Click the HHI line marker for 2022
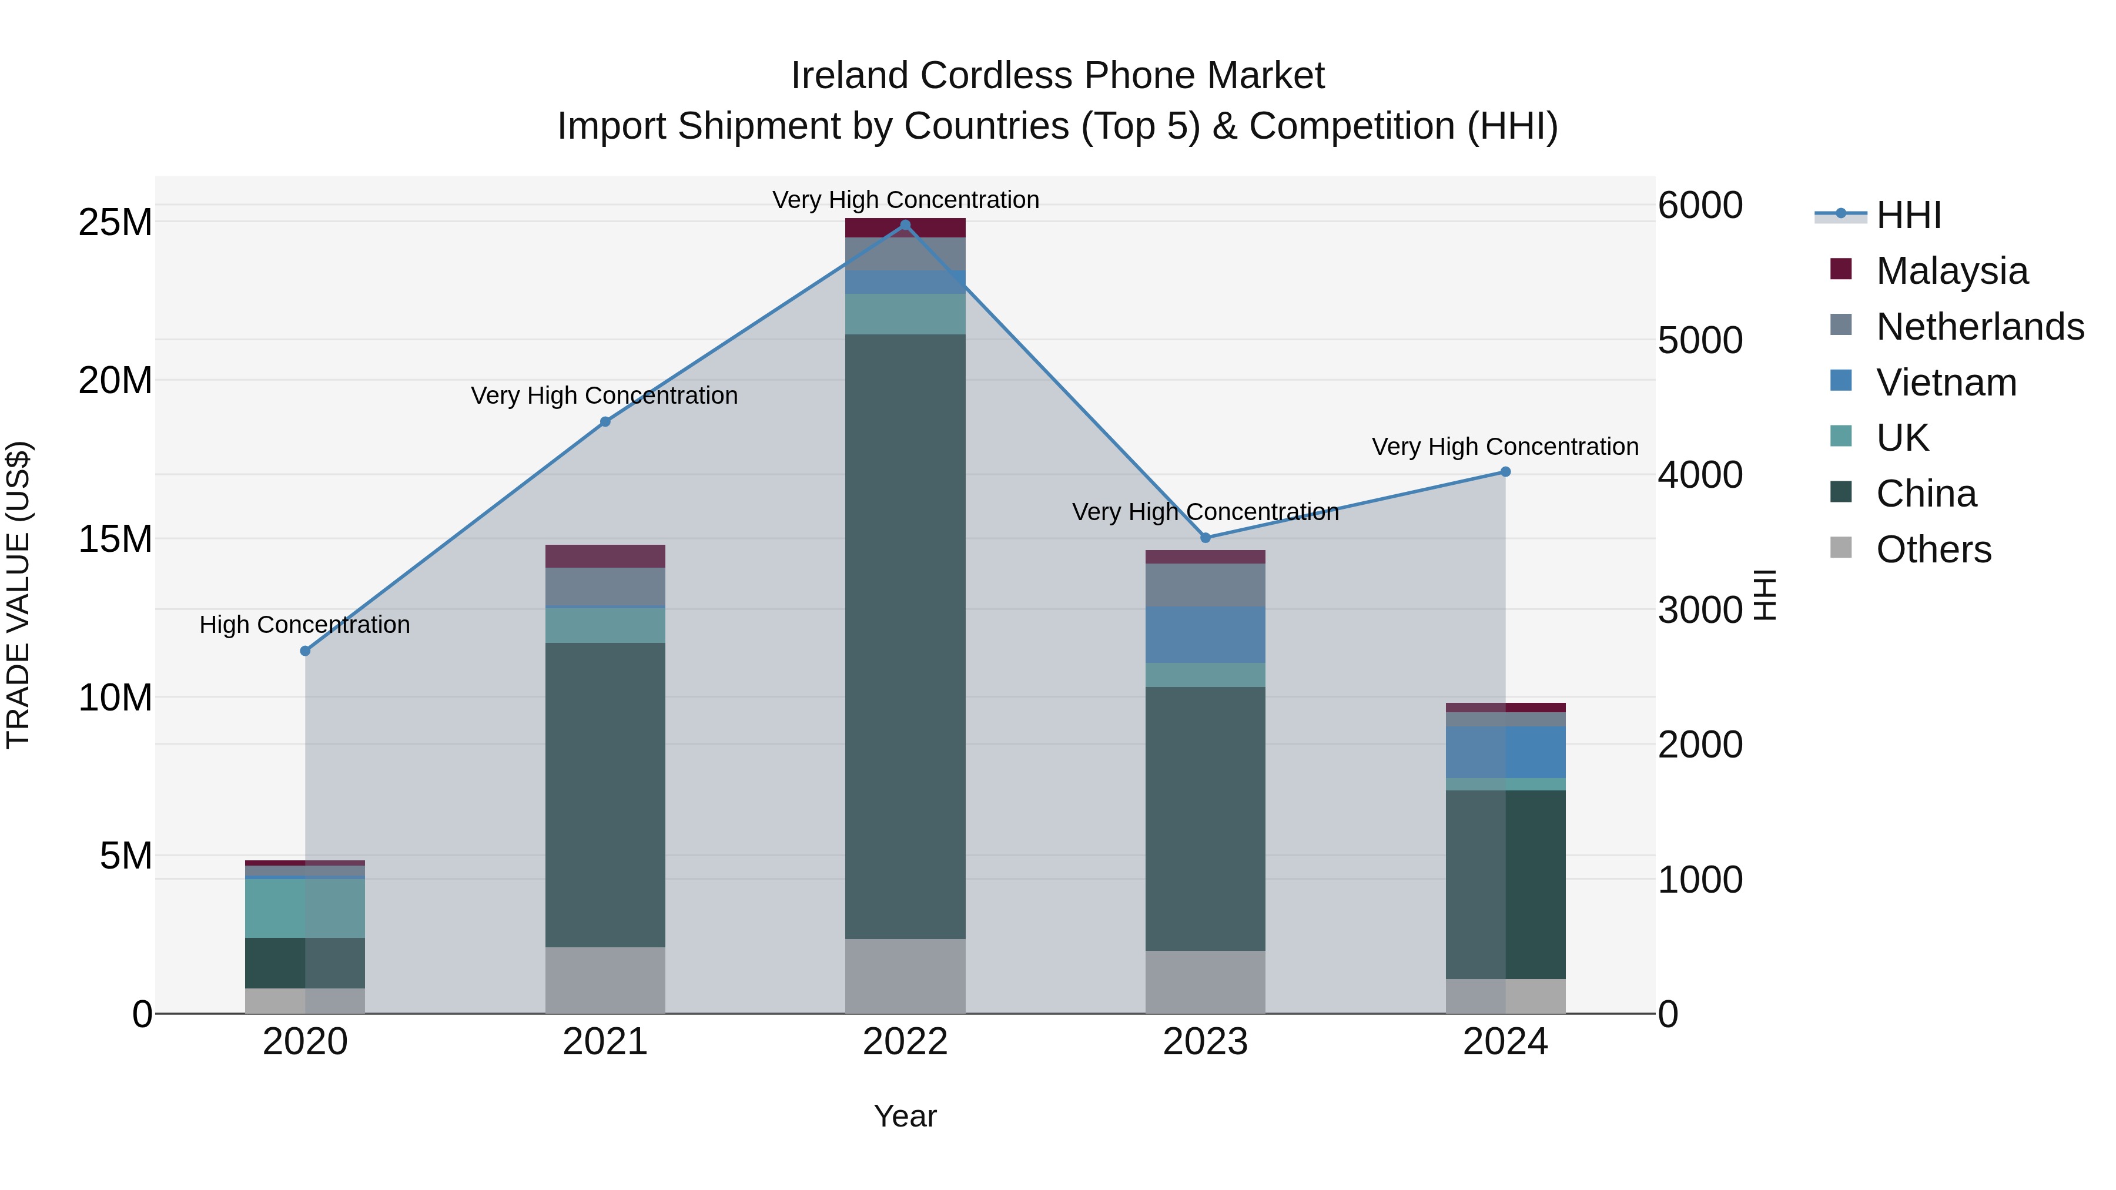(x=905, y=224)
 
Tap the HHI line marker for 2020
(x=304, y=651)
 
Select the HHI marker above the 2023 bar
(x=1205, y=538)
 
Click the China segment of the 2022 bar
(x=905, y=636)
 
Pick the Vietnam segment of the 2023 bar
(x=1205, y=635)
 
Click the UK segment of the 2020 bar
(x=304, y=909)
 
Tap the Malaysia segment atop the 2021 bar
(x=605, y=556)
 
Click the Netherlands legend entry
(x=1980, y=327)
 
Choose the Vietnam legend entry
(x=1946, y=383)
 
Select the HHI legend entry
(x=1908, y=215)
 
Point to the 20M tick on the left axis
(x=115, y=380)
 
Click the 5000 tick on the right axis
(x=1699, y=340)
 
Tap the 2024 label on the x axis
(x=1505, y=1042)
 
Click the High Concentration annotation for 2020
(x=304, y=625)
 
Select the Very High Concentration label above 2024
(x=1505, y=447)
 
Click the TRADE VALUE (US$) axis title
(x=18, y=595)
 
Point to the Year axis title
(x=905, y=1116)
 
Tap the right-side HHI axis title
(x=1765, y=595)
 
